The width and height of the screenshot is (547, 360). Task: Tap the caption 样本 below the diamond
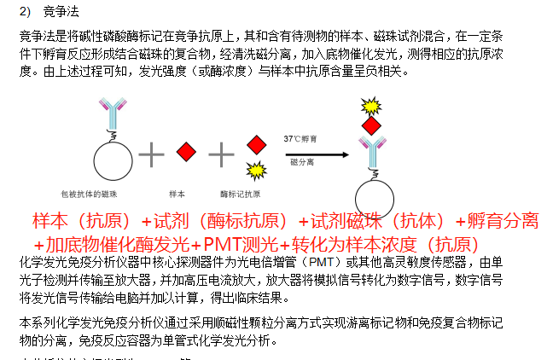coord(177,195)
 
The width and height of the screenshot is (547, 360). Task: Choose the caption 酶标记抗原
coord(238,195)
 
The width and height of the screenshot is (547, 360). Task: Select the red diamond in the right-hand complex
coord(370,126)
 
